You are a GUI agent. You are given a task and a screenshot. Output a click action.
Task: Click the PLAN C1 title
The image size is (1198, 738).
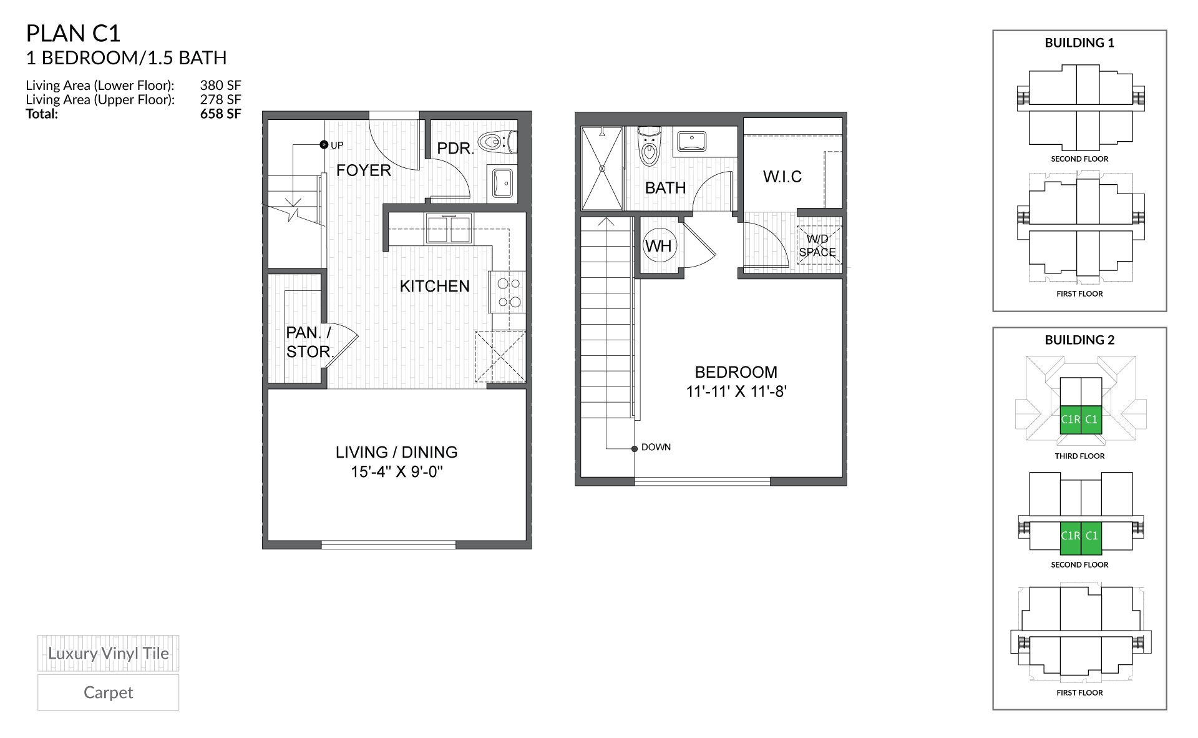click(73, 33)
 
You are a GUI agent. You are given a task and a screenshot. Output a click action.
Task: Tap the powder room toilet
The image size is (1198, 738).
click(497, 142)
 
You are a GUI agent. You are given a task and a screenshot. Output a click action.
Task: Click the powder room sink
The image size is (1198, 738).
click(503, 183)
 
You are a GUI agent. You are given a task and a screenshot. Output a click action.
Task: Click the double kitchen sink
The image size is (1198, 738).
click(449, 229)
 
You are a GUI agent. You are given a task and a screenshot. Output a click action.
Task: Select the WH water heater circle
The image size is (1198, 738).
click(658, 245)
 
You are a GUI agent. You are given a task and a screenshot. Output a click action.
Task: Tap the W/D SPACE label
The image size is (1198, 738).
click(817, 246)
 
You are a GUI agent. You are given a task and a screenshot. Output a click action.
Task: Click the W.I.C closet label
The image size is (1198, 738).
click(782, 177)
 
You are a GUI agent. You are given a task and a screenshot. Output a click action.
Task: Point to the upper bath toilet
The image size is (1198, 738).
click(650, 147)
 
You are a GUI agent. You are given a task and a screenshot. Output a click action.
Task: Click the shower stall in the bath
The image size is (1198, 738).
click(602, 169)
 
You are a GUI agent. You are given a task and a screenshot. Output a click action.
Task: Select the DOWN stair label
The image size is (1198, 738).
click(656, 448)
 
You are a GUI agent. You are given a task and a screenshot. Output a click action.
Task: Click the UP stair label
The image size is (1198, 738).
click(337, 145)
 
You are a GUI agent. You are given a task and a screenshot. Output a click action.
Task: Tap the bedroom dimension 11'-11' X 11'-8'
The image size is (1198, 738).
click(736, 392)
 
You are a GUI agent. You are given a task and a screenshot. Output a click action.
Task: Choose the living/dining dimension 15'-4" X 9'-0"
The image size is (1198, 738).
click(396, 472)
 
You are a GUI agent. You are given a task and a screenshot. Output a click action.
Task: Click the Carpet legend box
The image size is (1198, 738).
click(108, 692)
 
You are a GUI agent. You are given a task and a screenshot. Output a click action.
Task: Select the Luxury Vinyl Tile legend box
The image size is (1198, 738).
click(108, 654)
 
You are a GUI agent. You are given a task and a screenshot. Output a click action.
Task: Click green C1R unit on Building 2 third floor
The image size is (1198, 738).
click(1070, 420)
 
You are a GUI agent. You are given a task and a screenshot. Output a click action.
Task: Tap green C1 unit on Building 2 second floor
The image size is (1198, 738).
click(1091, 536)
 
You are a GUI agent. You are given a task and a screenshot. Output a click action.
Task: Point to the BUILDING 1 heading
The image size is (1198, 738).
click(1079, 43)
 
